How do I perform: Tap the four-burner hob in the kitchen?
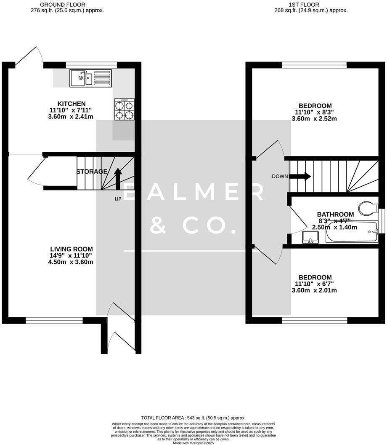124,110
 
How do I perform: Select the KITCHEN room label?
72,104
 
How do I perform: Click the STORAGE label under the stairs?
92,172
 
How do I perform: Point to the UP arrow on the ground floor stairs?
118,177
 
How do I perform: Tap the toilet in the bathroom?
370,208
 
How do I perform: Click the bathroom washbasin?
310,238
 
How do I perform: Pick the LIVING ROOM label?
71,249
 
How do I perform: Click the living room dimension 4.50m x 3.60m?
71,262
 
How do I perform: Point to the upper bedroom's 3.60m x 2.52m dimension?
314,119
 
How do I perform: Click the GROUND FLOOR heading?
68,5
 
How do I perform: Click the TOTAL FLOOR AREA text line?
193,418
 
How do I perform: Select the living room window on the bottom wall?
54,321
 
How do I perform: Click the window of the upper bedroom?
314,64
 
